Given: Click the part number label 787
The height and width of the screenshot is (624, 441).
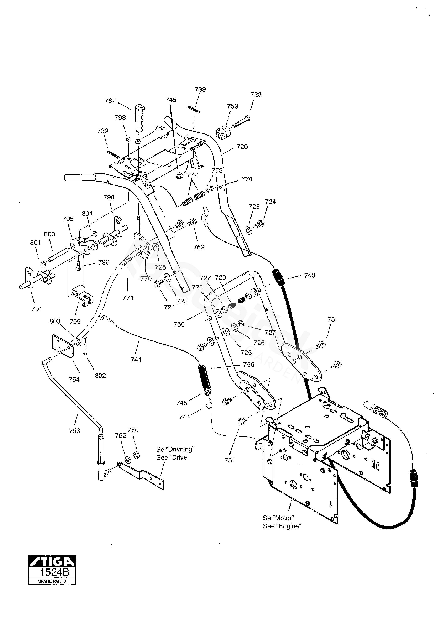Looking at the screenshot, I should tap(110, 101).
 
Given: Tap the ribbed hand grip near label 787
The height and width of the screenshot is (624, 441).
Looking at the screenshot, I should tap(139, 118).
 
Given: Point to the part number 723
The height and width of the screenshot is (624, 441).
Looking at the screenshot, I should tap(256, 95).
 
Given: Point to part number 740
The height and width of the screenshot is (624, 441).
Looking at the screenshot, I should tap(310, 276).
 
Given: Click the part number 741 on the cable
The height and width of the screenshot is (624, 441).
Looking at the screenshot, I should tap(136, 360).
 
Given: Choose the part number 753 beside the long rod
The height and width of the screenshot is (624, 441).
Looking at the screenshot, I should tap(75, 431).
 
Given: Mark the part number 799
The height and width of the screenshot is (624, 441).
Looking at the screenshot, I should tap(75, 322).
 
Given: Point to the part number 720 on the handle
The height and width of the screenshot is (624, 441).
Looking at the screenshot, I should tap(242, 147).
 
